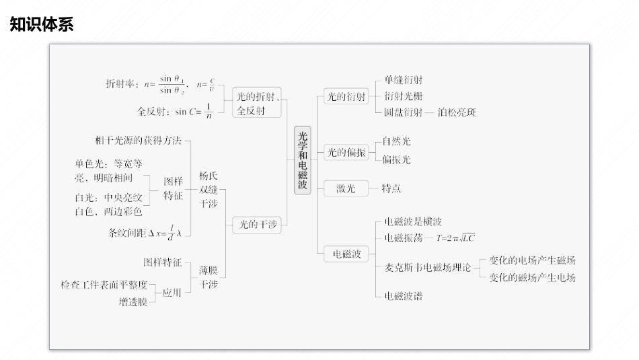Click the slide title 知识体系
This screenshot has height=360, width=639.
point(42,25)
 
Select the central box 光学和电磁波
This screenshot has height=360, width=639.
point(303,161)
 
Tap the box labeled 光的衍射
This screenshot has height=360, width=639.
point(346,96)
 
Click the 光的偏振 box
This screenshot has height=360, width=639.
point(346,153)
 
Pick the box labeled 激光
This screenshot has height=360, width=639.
point(346,188)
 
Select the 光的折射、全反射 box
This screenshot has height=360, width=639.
point(259,104)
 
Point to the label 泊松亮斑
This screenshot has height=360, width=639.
point(457,113)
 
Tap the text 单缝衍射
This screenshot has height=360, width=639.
point(404,80)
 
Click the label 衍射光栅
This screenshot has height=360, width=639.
point(404,96)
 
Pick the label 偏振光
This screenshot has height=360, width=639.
point(396,159)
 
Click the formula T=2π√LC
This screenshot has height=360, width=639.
point(455,238)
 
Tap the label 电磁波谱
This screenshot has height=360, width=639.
point(403,295)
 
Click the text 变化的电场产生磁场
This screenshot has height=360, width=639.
point(532,260)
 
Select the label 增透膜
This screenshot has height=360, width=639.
point(133,302)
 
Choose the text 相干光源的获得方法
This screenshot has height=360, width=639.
point(139,141)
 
